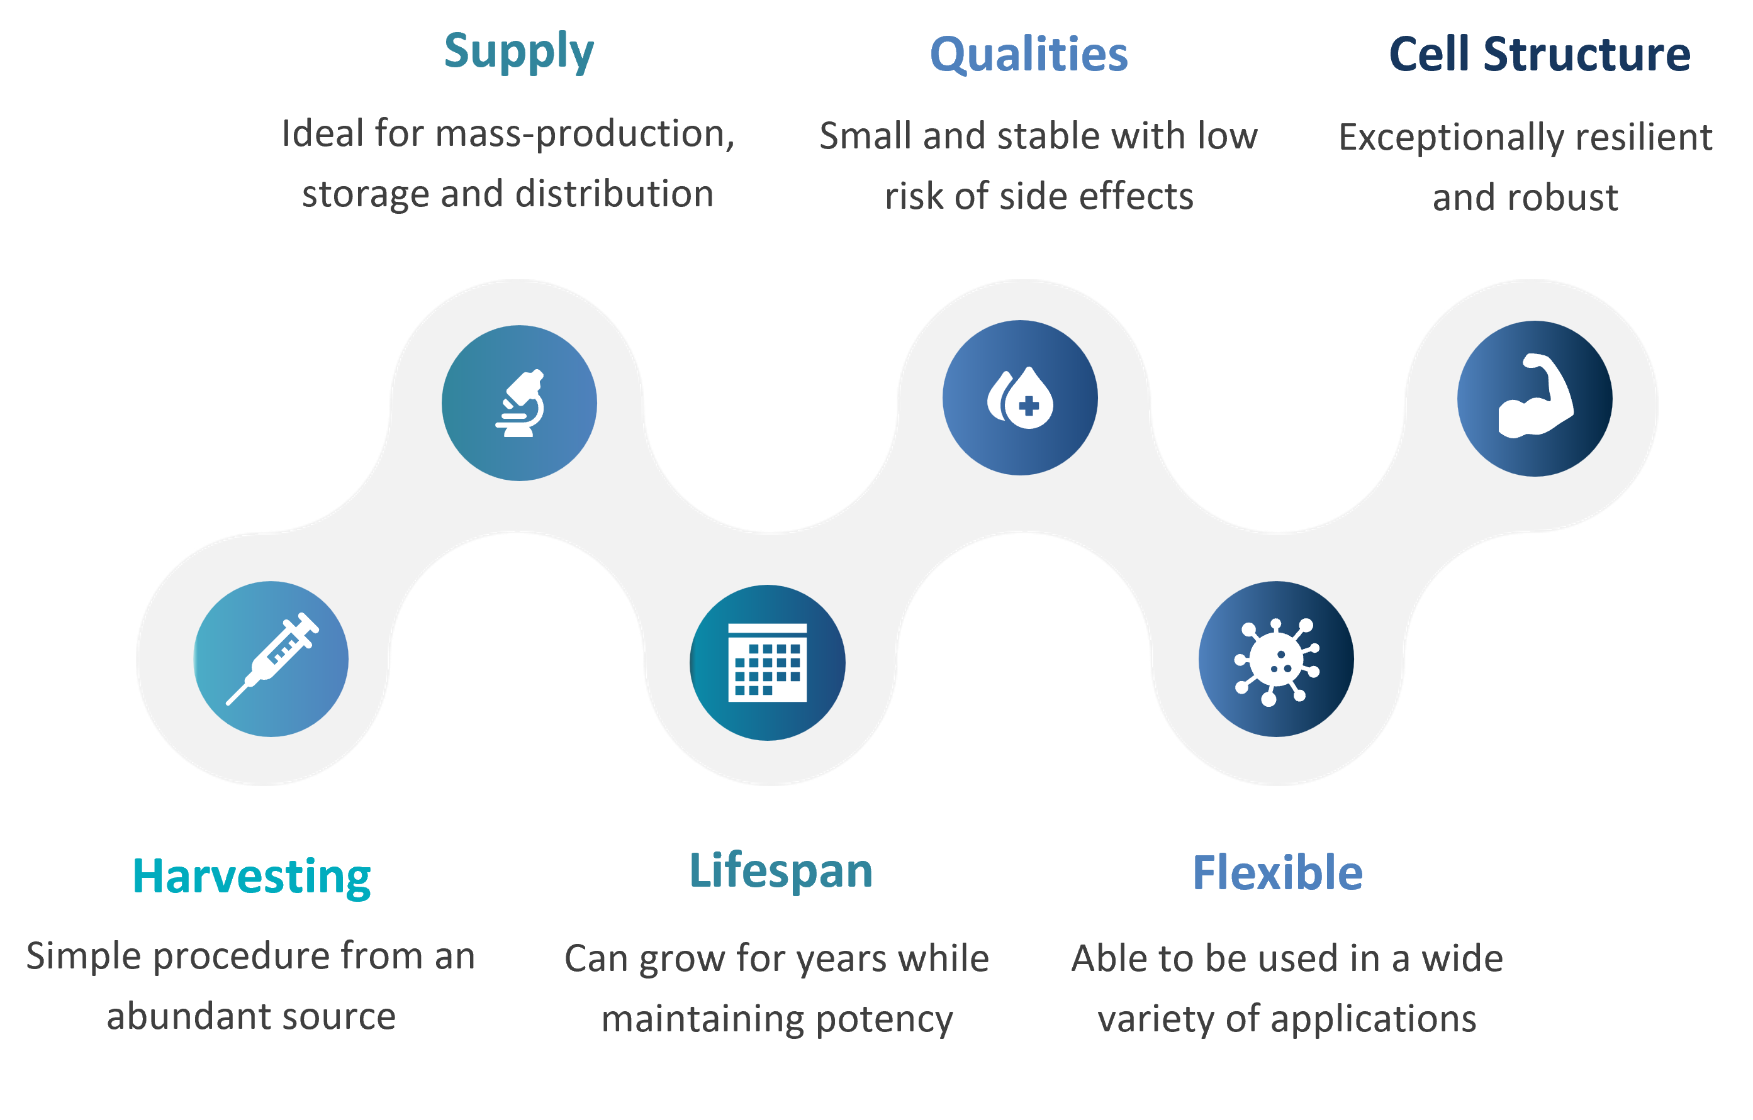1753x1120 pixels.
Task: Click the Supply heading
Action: coord(519,52)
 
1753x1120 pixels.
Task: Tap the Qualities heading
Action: coord(1029,54)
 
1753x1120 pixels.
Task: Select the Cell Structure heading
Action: coord(1539,54)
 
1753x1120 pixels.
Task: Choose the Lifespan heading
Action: coord(780,871)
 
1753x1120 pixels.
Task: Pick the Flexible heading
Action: coord(1277,873)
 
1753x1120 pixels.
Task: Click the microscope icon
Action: coord(520,403)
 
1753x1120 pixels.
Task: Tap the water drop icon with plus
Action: coord(1020,397)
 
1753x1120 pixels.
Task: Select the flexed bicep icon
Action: coord(1535,396)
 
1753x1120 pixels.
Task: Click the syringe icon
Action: coord(272,658)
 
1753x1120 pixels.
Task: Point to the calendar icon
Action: coord(767,662)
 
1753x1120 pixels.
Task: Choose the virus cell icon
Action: coord(1277,661)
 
